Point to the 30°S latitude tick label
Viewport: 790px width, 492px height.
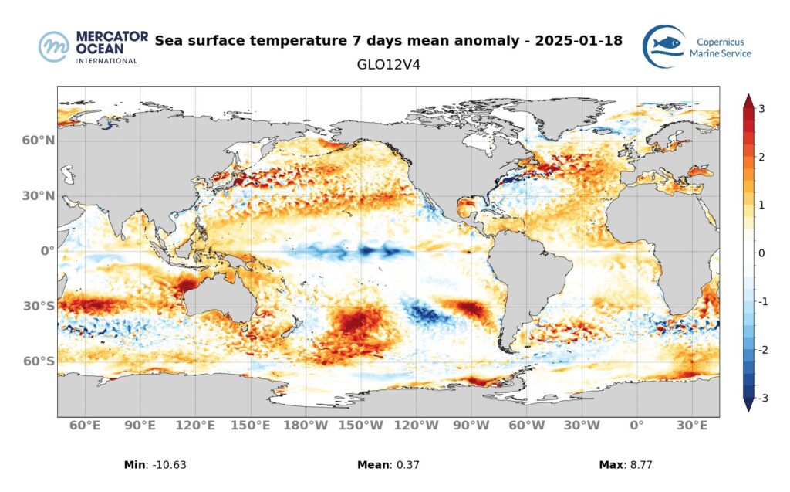point(39,306)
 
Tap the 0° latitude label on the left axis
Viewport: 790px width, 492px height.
point(46,251)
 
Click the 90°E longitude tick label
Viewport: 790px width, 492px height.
point(140,425)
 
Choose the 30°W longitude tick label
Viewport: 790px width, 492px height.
point(581,425)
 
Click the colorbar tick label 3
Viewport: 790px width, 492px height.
point(761,109)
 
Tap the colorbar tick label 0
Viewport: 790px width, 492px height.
point(761,253)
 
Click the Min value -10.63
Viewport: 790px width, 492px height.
point(167,465)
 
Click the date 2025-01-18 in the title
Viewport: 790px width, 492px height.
point(575,40)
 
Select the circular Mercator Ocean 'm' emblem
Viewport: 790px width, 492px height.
point(54,47)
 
